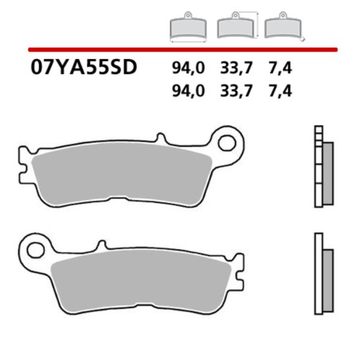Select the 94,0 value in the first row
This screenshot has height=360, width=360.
[187, 69]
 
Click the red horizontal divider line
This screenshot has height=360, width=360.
[180, 49]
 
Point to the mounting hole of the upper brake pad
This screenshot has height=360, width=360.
[230, 144]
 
